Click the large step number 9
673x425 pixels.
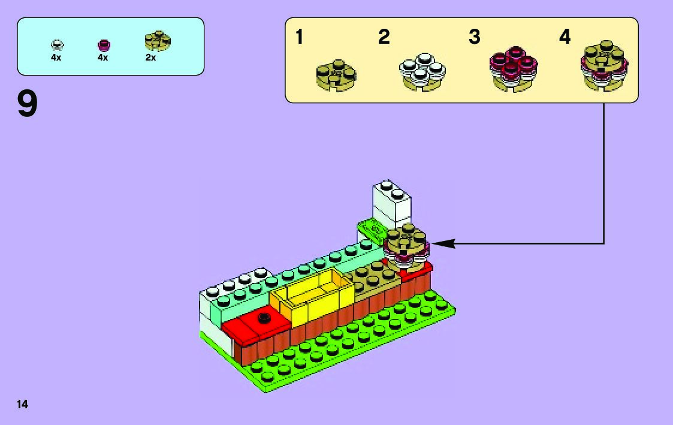point(28,104)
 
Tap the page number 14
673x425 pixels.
point(22,404)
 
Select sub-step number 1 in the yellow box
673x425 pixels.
point(300,38)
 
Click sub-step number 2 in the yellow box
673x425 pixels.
point(384,38)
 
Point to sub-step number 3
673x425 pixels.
point(474,38)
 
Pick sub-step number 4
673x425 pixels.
point(565,38)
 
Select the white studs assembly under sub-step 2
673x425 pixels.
point(421,72)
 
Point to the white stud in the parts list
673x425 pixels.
point(57,45)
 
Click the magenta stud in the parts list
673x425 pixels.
point(104,45)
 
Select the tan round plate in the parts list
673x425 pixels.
point(157,41)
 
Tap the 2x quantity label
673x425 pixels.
point(150,58)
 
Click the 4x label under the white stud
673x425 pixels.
point(56,58)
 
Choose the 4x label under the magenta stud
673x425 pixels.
point(102,58)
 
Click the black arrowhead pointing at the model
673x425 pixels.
point(440,243)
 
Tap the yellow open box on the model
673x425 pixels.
point(312,296)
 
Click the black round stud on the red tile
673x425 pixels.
point(262,318)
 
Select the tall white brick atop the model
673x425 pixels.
point(392,206)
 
